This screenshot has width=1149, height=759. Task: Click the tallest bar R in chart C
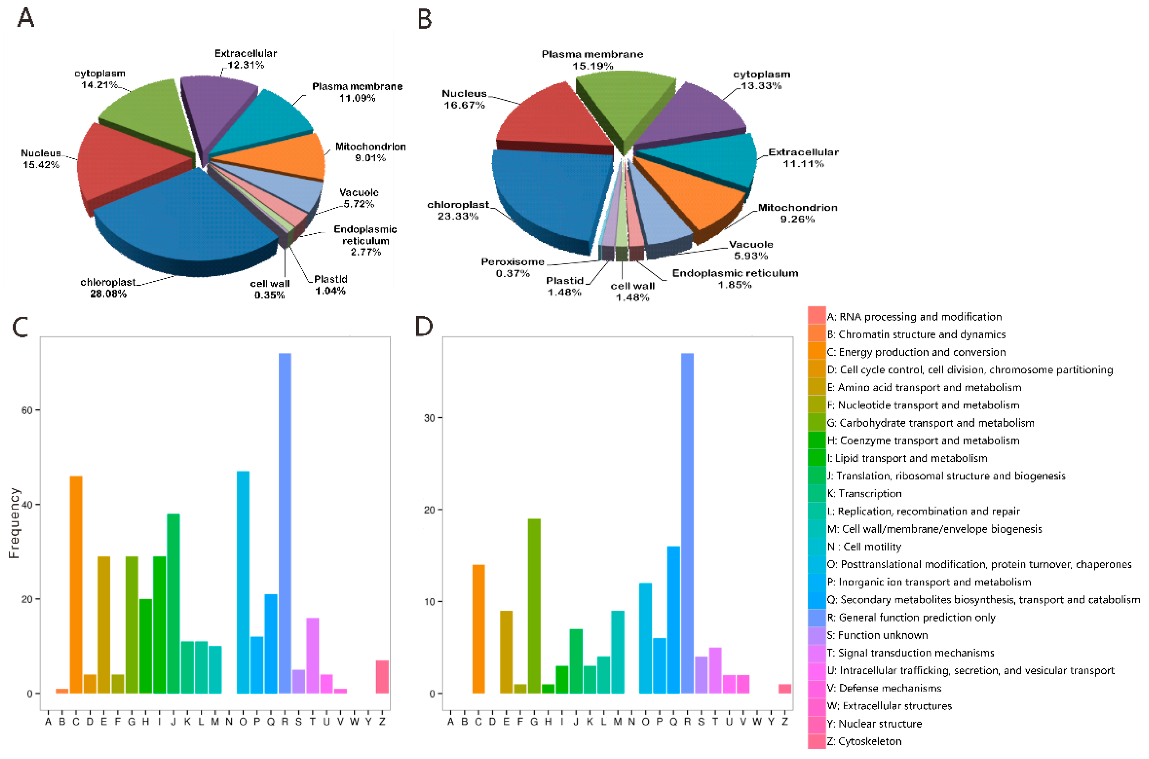point(285,523)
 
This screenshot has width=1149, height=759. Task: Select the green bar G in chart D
point(534,605)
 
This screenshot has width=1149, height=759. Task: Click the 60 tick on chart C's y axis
point(27,410)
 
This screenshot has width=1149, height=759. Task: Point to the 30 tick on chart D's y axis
point(429,418)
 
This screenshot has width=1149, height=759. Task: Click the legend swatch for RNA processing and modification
point(816,316)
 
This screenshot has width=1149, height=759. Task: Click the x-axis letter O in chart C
point(243,722)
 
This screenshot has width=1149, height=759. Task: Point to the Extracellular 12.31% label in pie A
point(245,59)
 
